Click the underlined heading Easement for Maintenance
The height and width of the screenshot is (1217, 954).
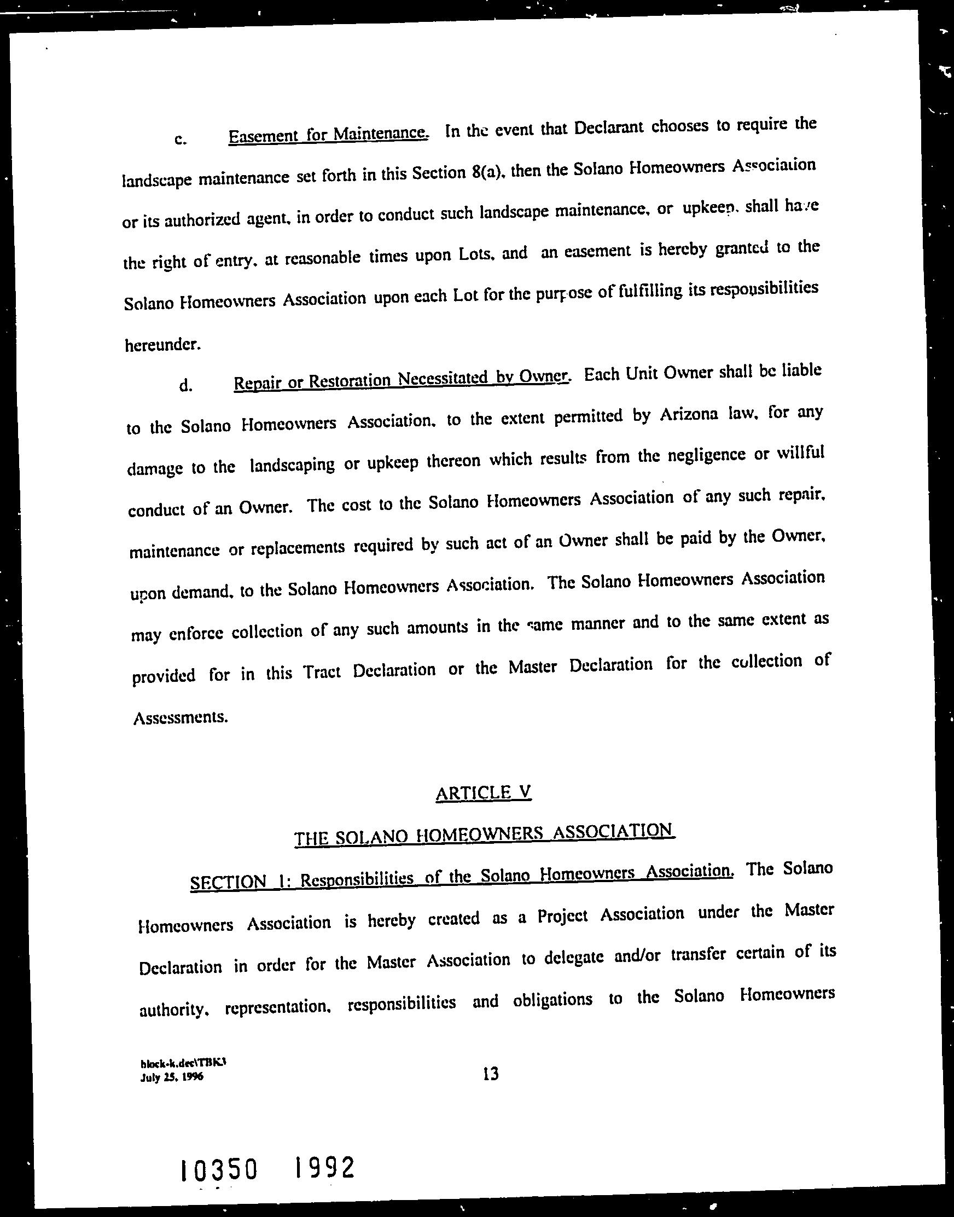[x=328, y=134]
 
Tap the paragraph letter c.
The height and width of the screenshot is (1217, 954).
[x=180, y=140]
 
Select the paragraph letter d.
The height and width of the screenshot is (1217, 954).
[x=186, y=385]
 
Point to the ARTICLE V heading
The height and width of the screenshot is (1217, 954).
[x=483, y=792]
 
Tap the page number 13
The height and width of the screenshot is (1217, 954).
[x=491, y=1073]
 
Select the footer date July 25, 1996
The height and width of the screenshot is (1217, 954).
[x=172, y=1077]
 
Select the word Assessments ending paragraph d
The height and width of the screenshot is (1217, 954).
[x=181, y=717]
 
